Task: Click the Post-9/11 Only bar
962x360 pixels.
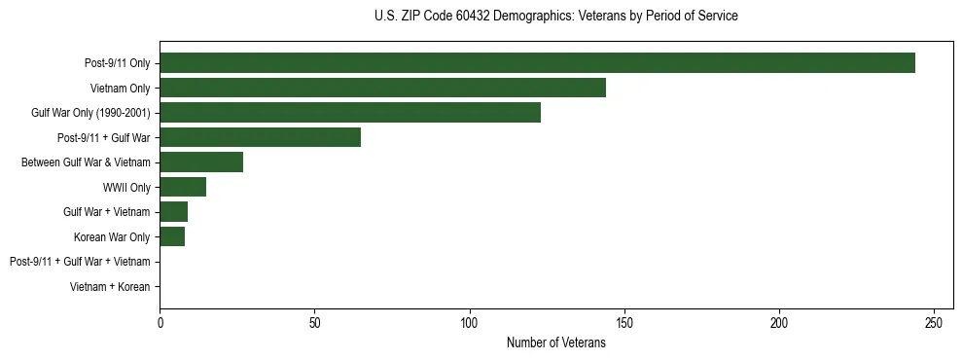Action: coord(537,63)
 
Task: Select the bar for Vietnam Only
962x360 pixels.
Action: coord(382,88)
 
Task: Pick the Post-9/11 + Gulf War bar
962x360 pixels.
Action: coord(260,137)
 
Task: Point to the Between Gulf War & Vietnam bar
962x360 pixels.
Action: coord(201,162)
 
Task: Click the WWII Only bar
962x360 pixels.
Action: coord(183,187)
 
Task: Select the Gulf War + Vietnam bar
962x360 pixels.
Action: coord(173,212)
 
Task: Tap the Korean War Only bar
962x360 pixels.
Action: coord(172,236)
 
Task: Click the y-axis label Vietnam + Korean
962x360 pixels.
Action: coord(110,287)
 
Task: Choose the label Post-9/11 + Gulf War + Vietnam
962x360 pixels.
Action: coord(80,262)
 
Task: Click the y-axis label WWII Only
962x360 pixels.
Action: coord(126,187)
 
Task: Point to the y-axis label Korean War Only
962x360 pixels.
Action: coord(112,236)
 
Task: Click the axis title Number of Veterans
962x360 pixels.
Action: coord(556,342)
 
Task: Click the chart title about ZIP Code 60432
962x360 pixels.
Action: coord(556,17)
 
